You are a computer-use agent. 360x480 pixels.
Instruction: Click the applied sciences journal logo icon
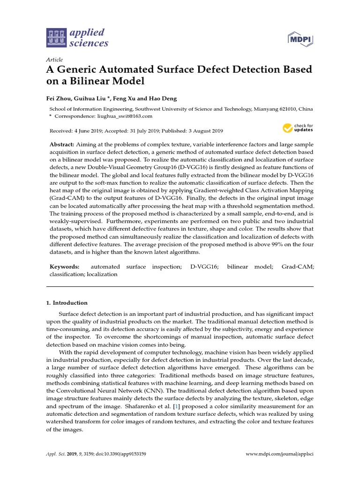coord(56,38)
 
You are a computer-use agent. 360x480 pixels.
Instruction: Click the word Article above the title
coord(54,60)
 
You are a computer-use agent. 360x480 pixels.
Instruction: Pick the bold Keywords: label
coord(65,266)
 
